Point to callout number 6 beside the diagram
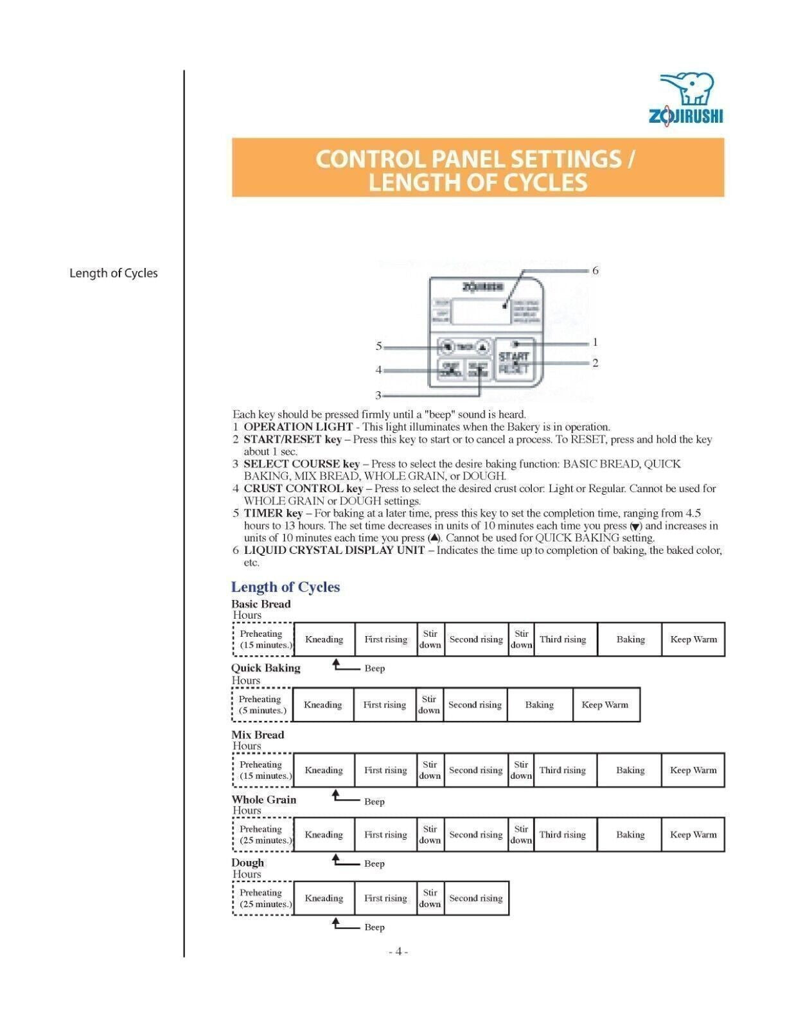(595, 270)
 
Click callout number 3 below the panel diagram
(378, 395)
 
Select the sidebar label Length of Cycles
(113, 273)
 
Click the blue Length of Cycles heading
(285, 587)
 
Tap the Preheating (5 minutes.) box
(262, 705)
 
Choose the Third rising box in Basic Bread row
(563, 639)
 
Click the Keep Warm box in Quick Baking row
(605, 705)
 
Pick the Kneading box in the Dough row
(324, 898)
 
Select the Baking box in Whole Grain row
(630, 835)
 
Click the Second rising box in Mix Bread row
(475, 770)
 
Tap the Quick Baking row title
(266, 668)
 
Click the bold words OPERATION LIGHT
(298, 427)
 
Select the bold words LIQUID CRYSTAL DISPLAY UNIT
(334, 550)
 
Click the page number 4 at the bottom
(398, 952)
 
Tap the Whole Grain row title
(264, 800)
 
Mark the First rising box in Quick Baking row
(384, 705)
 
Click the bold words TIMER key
(273, 513)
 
